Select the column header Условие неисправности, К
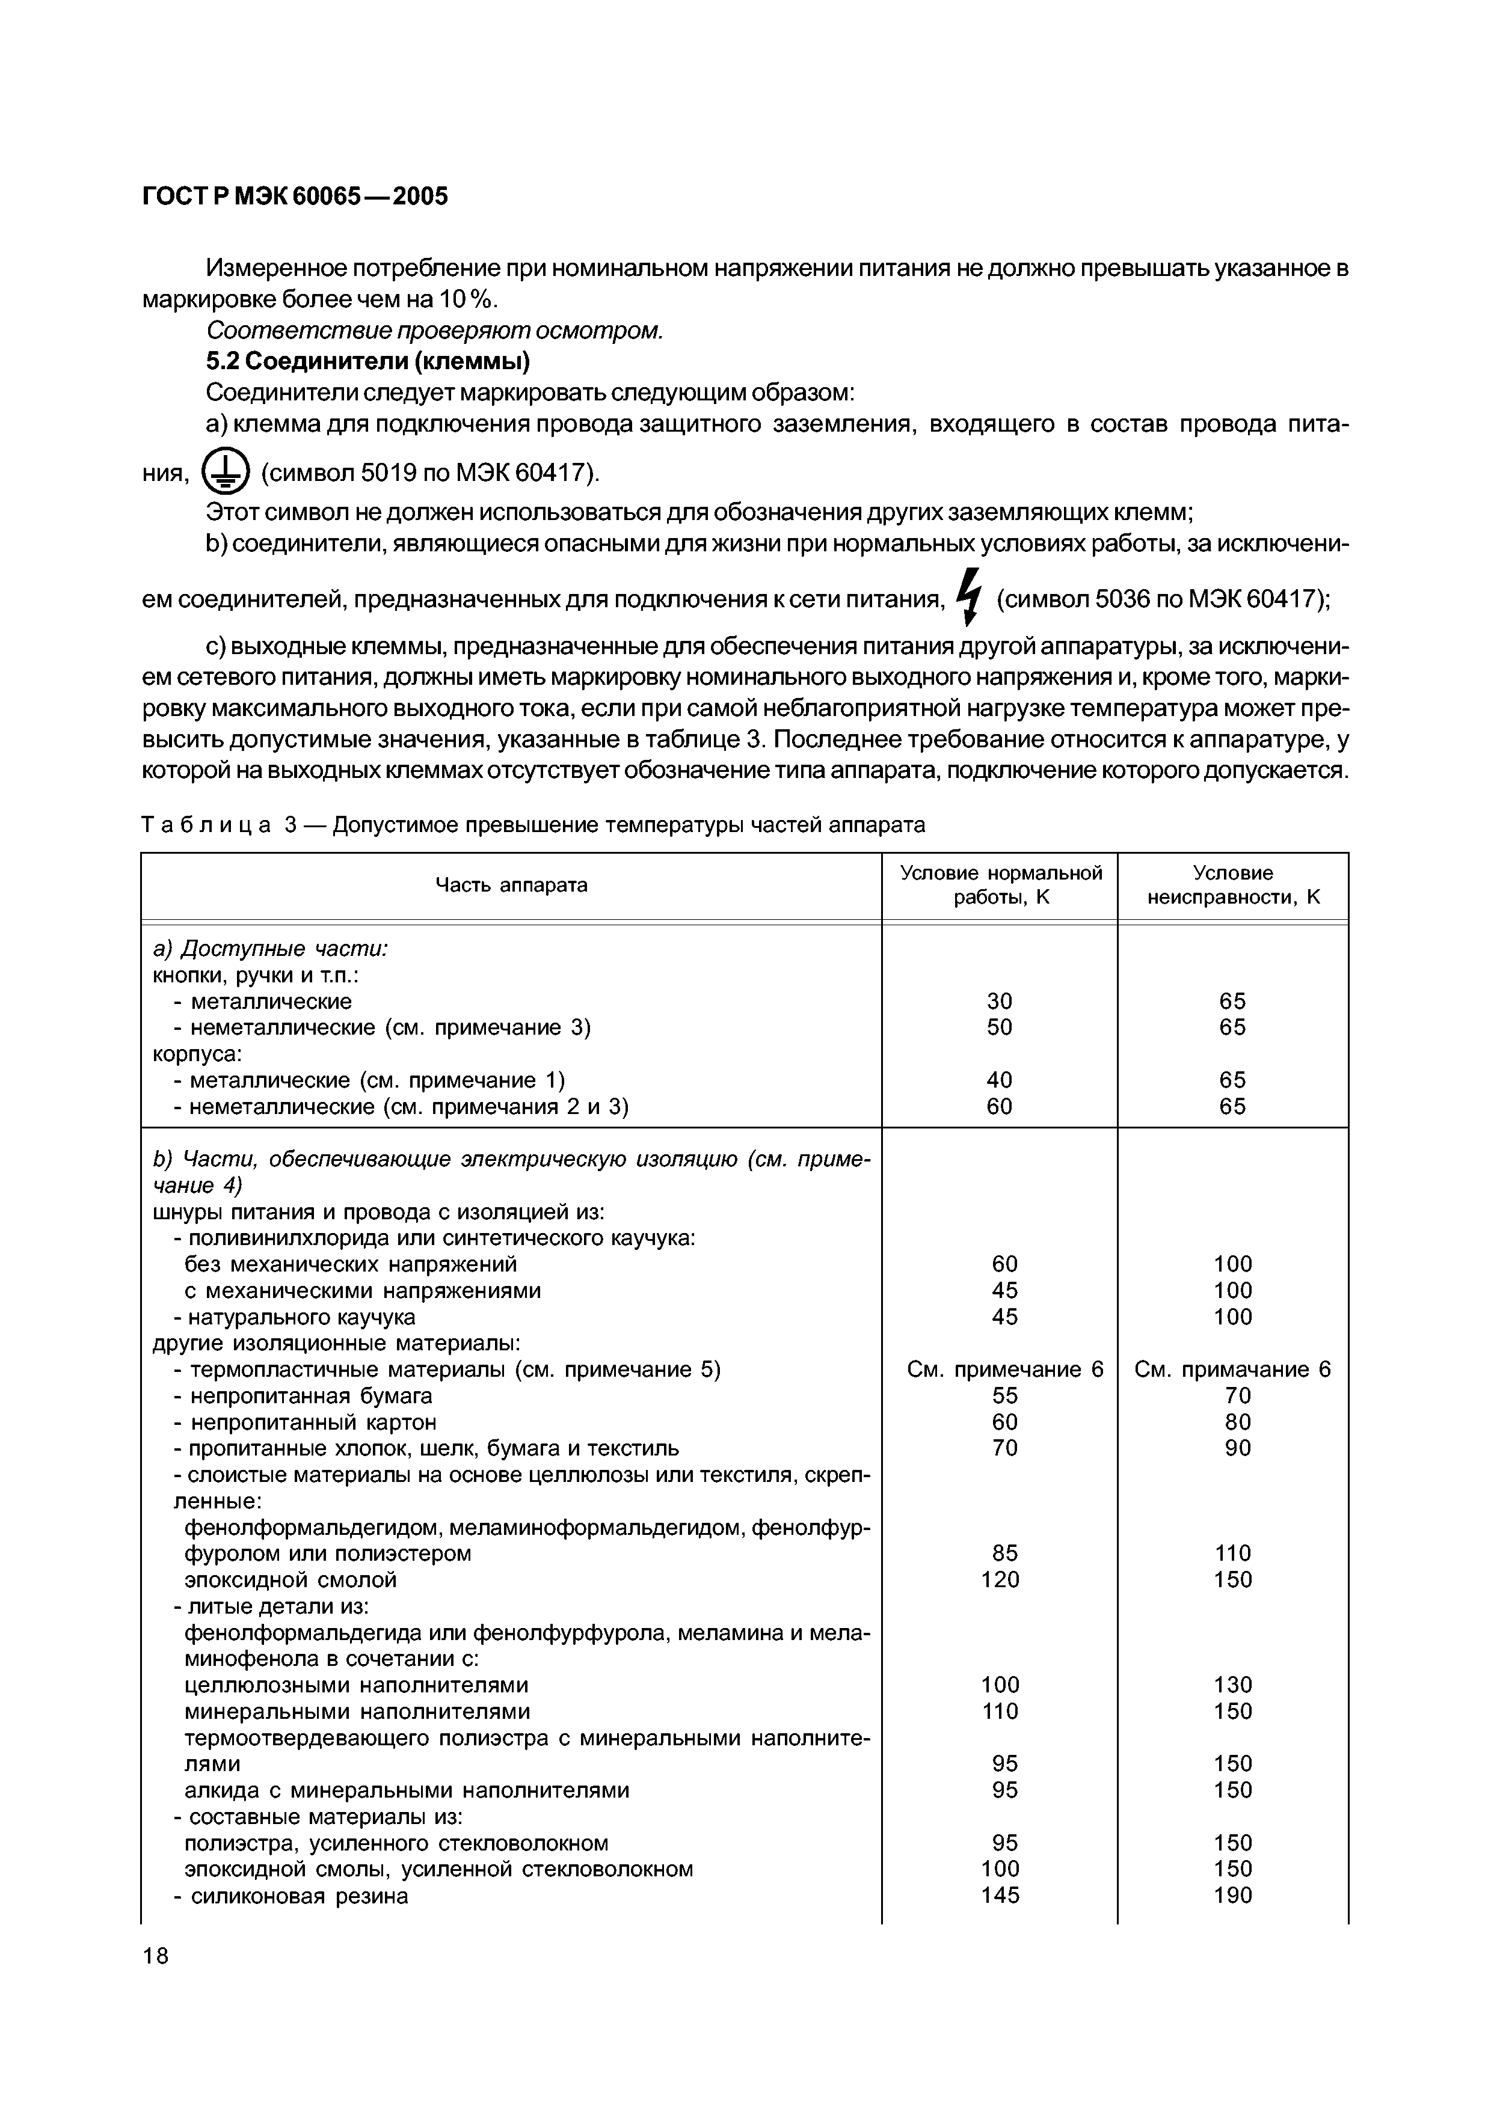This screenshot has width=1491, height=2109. coord(1233,884)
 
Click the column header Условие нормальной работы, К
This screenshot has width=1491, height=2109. coord(1000,884)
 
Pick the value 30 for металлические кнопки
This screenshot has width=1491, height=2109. coord(1000,1001)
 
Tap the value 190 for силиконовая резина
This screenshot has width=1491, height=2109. coord(1233,1895)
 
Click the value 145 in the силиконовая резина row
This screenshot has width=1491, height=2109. coord(1000,1895)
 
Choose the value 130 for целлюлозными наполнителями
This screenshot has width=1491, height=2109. coord(1233,1685)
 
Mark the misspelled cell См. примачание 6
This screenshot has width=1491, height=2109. coord(1233,1370)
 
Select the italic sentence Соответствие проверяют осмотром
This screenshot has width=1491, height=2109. coord(434,330)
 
